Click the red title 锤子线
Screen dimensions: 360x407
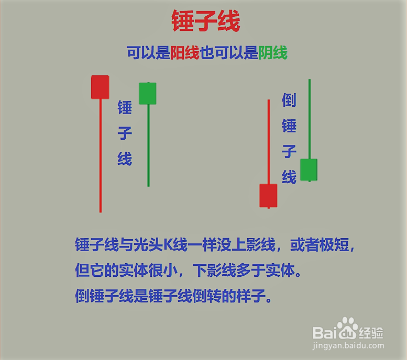click(205, 22)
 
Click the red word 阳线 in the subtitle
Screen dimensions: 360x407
click(184, 53)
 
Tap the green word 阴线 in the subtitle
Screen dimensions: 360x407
click(272, 53)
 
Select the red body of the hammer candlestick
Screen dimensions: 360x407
click(100, 87)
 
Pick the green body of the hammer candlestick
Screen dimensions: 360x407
click(148, 93)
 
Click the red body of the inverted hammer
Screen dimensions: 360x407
click(268, 195)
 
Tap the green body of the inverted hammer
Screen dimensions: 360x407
click(309, 170)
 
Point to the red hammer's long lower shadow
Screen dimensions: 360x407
click(100, 157)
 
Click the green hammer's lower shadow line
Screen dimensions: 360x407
click(148, 147)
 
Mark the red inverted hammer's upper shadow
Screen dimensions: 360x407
click(269, 141)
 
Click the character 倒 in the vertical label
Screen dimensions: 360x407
click(289, 100)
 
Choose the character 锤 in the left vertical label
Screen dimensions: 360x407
click(125, 108)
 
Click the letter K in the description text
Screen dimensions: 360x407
click(168, 245)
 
